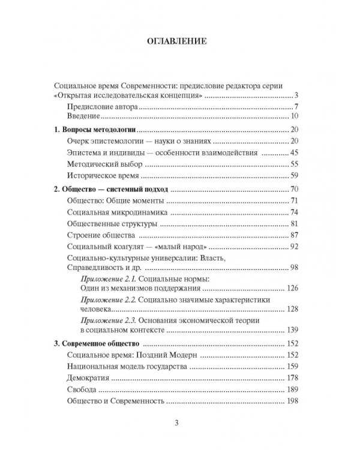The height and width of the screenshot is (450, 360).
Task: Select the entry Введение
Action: pos(83,116)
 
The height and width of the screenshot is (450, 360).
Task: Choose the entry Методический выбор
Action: pos(104,164)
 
